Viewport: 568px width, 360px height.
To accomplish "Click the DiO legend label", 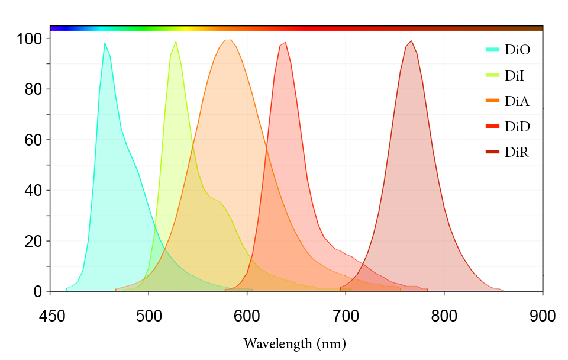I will point(517,50).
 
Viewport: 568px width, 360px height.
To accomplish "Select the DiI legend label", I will point(515,76).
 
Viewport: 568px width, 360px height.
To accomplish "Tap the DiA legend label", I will point(517,101).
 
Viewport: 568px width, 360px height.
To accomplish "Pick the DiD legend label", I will point(517,127).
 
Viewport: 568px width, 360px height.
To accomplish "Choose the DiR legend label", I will point(517,152).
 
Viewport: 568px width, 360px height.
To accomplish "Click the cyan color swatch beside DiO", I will point(493,50).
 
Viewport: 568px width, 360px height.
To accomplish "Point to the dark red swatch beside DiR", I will point(493,152).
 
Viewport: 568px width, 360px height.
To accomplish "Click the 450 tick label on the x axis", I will point(50,316).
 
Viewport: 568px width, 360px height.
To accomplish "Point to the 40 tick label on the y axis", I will point(34,191).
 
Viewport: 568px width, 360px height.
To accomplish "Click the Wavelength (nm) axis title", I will point(294,343).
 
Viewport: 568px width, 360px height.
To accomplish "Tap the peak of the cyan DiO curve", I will point(105,43).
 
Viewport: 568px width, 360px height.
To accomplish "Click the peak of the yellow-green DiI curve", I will point(176,42).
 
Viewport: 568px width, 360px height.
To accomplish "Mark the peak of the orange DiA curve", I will point(228,40).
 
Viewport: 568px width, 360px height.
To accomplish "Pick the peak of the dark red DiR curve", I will point(411,41).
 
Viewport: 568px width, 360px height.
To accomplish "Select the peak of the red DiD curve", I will point(285,43).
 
